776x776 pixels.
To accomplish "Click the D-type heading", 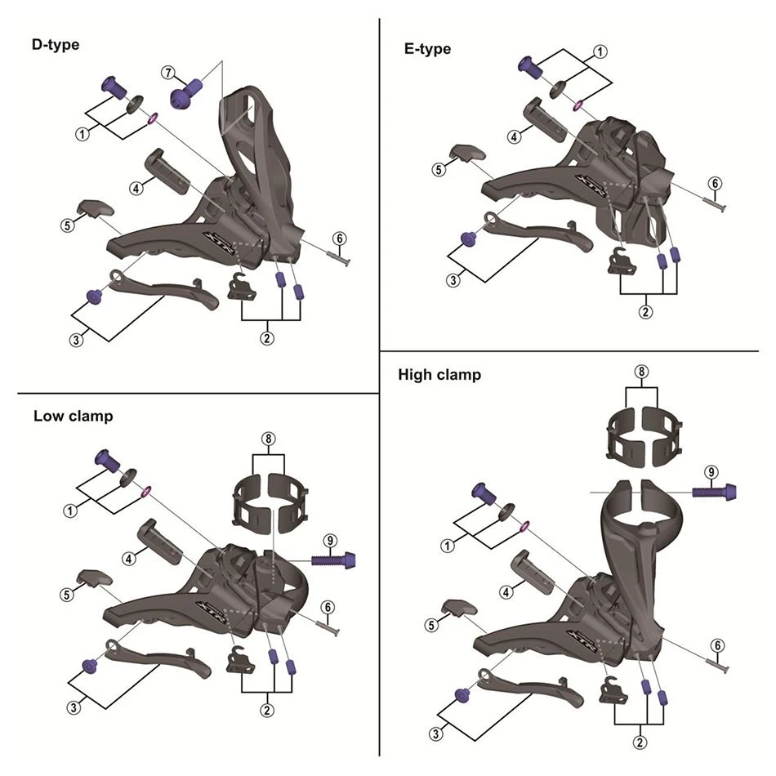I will tap(56, 45).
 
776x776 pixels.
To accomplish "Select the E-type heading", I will tap(426, 49).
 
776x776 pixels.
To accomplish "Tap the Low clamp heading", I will tap(74, 416).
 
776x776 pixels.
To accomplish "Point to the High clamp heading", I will tap(439, 375).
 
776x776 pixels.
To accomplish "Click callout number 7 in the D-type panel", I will tap(168, 73).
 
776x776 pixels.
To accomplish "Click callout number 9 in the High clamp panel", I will tap(711, 472).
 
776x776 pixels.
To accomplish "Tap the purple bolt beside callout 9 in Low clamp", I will tap(335, 560).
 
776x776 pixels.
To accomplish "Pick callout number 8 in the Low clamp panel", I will tap(267, 438).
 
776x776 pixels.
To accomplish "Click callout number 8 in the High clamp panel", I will tap(642, 372).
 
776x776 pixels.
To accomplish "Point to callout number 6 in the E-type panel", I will tap(715, 183).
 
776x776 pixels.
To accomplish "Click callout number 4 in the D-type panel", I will tap(136, 188).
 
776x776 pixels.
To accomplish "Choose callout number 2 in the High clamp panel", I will tap(641, 742).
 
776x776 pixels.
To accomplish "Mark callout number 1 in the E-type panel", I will tap(600, 51).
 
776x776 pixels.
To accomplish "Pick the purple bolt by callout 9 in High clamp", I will tap(716, 492).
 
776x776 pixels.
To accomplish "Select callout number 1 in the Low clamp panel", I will tap(70, 511).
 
